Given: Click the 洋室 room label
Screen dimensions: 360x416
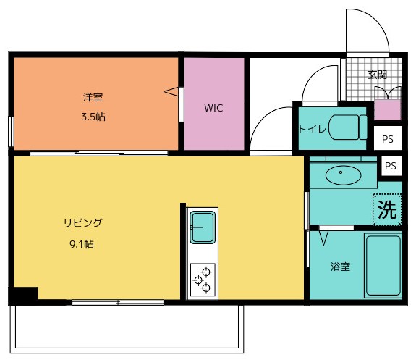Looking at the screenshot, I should (x=92, y=96).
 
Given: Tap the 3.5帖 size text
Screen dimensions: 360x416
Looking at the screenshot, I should (x=92, y=116).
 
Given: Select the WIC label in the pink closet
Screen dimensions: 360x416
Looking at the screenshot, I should (x=213, y=108).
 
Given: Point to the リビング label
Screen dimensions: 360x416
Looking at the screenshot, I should (x=81, y=223).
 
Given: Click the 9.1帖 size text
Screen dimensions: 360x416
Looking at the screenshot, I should (x=81, y=244).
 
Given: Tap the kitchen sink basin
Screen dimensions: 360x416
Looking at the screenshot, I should (x=202, y=228).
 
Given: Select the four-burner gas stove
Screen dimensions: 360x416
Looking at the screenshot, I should (x=202, y=280).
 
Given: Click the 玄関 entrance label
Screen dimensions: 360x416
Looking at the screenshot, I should (x=377, y=74).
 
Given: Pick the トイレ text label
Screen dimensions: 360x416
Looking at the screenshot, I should (x=313, y=130).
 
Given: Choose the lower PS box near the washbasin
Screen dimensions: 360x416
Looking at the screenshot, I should (x=391, y=166).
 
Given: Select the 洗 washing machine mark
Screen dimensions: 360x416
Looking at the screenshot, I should (x=387, y=210).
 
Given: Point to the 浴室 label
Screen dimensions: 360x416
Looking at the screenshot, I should (x=341, y=267).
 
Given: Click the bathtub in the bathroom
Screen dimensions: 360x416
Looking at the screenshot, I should (x=383, y=265).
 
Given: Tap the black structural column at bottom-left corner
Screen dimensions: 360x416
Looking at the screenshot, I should (x=23, y=295).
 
